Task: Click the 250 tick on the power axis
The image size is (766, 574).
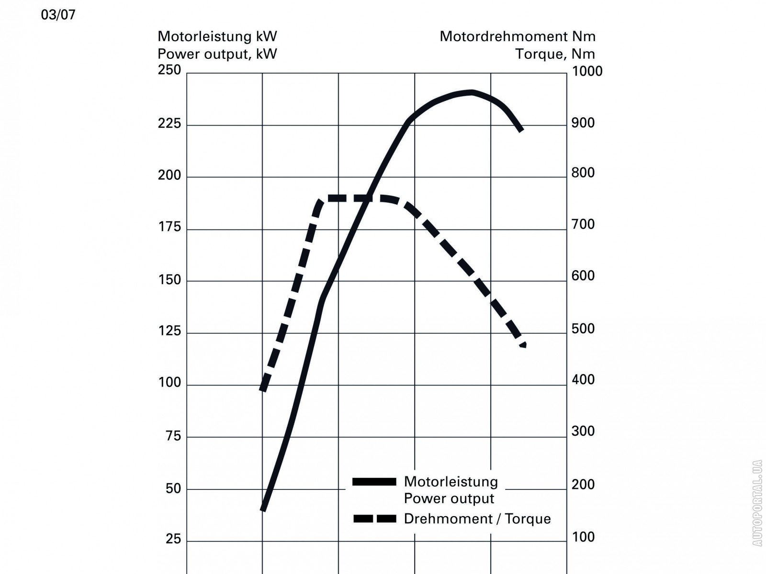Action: pyautogui.click(x=169, y=70)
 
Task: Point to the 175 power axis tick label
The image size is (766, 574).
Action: pyautogui.click(x=169, y=227)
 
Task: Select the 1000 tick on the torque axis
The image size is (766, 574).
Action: pyautogui.click(x=587, y=71)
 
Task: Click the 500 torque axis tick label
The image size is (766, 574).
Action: pyautogui.click(x=583, y=329)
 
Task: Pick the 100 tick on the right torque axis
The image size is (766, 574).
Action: pyautogui.click(x=583, y=537)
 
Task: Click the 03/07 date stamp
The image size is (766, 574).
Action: pyautogui.click(x=58, y=15)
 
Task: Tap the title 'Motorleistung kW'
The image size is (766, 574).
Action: pyautogui.click(x=217, y=36)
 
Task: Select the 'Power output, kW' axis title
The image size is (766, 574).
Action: pyautogui.click(x=217, y=54)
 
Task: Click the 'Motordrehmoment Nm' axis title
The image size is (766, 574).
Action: pyautogui.click(x=518, y=36)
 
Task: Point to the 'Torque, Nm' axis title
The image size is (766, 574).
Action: pyautogui.click(x=555, y=54)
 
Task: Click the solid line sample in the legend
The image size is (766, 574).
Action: pyautogui.click(x=374, y=482)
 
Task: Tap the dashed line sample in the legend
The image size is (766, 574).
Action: pyautogui.click(x=374, y=519)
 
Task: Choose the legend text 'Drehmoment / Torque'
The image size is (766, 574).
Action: pyautogui.click(x=477, y=519)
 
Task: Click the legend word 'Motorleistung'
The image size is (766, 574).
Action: pyautogui.click(x=451, y=482)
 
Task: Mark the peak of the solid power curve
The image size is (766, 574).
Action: pyautogui.click(x=472, y=92)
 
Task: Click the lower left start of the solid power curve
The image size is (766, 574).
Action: pyautogui.click(x=263, y=509)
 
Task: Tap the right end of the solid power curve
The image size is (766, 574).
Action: pyautogui.click(x=521, y=129)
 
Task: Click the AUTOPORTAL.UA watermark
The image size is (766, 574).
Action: pyautogui.click(x=757, y=503)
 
